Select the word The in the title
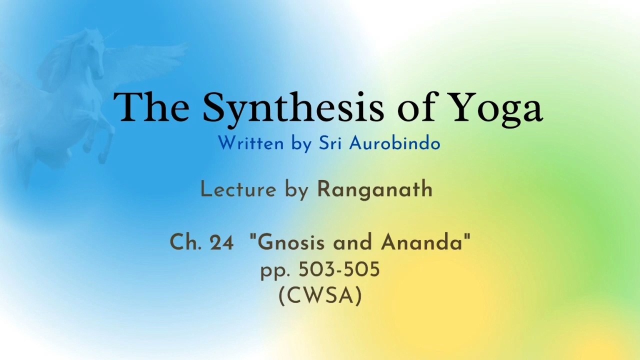[151, 106]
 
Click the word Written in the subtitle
[251, 143]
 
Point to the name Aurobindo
[394, 143]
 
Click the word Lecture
[238, 189]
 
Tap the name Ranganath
[375, 189]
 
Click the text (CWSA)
[320, 296]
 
